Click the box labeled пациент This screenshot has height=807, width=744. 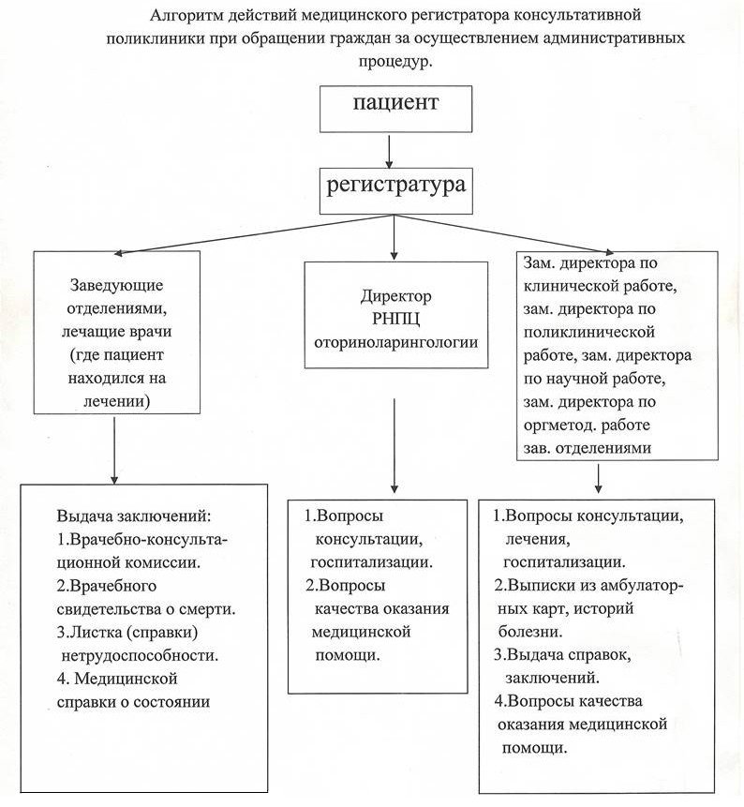pyautogui.click(x=394, y=109)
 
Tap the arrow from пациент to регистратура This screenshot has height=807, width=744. pyautogui.click(x=390, y=148)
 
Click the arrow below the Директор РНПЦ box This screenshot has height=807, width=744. pyautogui.click(x=394, y=445)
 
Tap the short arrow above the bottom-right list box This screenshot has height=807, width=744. pyautogui.click(x=598, y=479)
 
